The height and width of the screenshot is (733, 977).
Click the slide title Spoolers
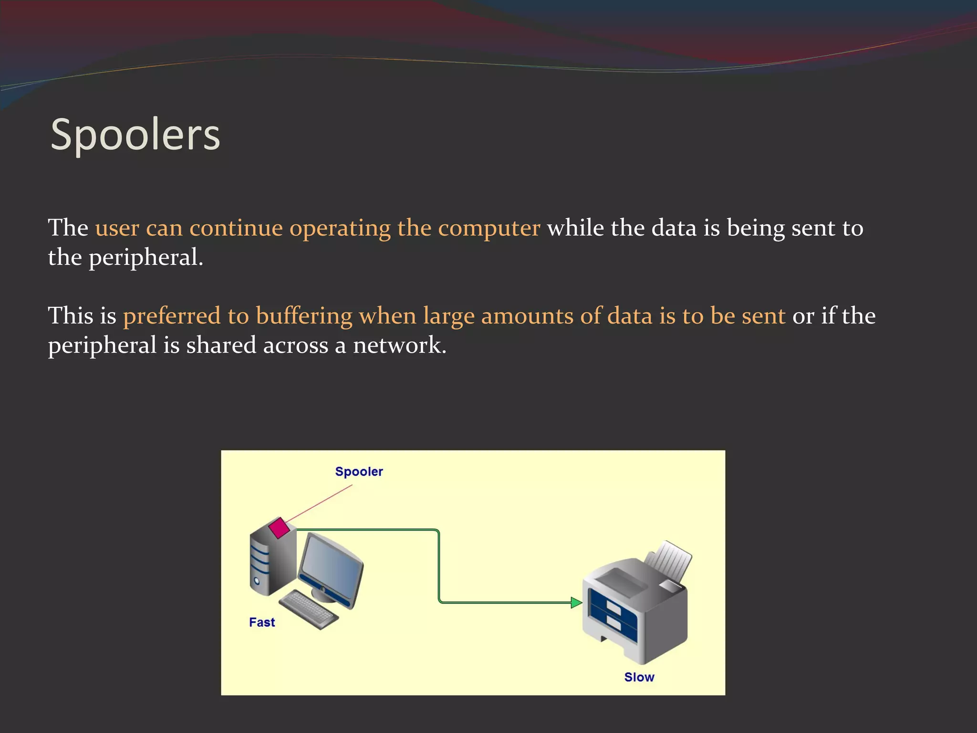(x=135, y=135)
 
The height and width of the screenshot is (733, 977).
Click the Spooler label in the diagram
(x=359, y=471)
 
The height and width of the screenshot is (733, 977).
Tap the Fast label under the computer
(x=262, y=622)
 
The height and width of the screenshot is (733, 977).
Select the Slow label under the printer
(x=639, y=677)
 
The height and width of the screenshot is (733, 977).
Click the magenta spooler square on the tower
(x=279, y=527)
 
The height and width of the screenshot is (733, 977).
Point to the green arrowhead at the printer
(x=576, y=603)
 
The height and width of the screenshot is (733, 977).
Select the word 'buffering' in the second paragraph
(x=304, y=316)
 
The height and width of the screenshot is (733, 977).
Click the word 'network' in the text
(x=399, y=345)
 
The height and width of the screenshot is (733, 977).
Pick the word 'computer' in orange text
(x=489, y=228)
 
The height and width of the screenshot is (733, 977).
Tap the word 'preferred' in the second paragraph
(x=172, y=316)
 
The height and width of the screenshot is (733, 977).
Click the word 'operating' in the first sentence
(x=340, y=228)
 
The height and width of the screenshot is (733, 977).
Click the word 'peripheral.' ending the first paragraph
(x=146, y=258)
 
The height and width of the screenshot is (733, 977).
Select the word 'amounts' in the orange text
(x=527, y=316)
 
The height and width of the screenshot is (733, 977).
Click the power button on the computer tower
(x=257, y=581)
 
